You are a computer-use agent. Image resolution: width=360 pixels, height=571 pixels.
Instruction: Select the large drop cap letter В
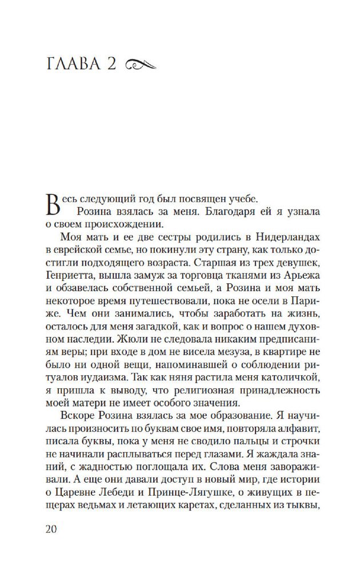(x=51, y=204)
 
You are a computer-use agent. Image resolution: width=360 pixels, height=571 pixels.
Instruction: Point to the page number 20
(x=51, y=529)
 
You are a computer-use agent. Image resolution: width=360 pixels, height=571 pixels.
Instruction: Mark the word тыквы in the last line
(x=301, y=504)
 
